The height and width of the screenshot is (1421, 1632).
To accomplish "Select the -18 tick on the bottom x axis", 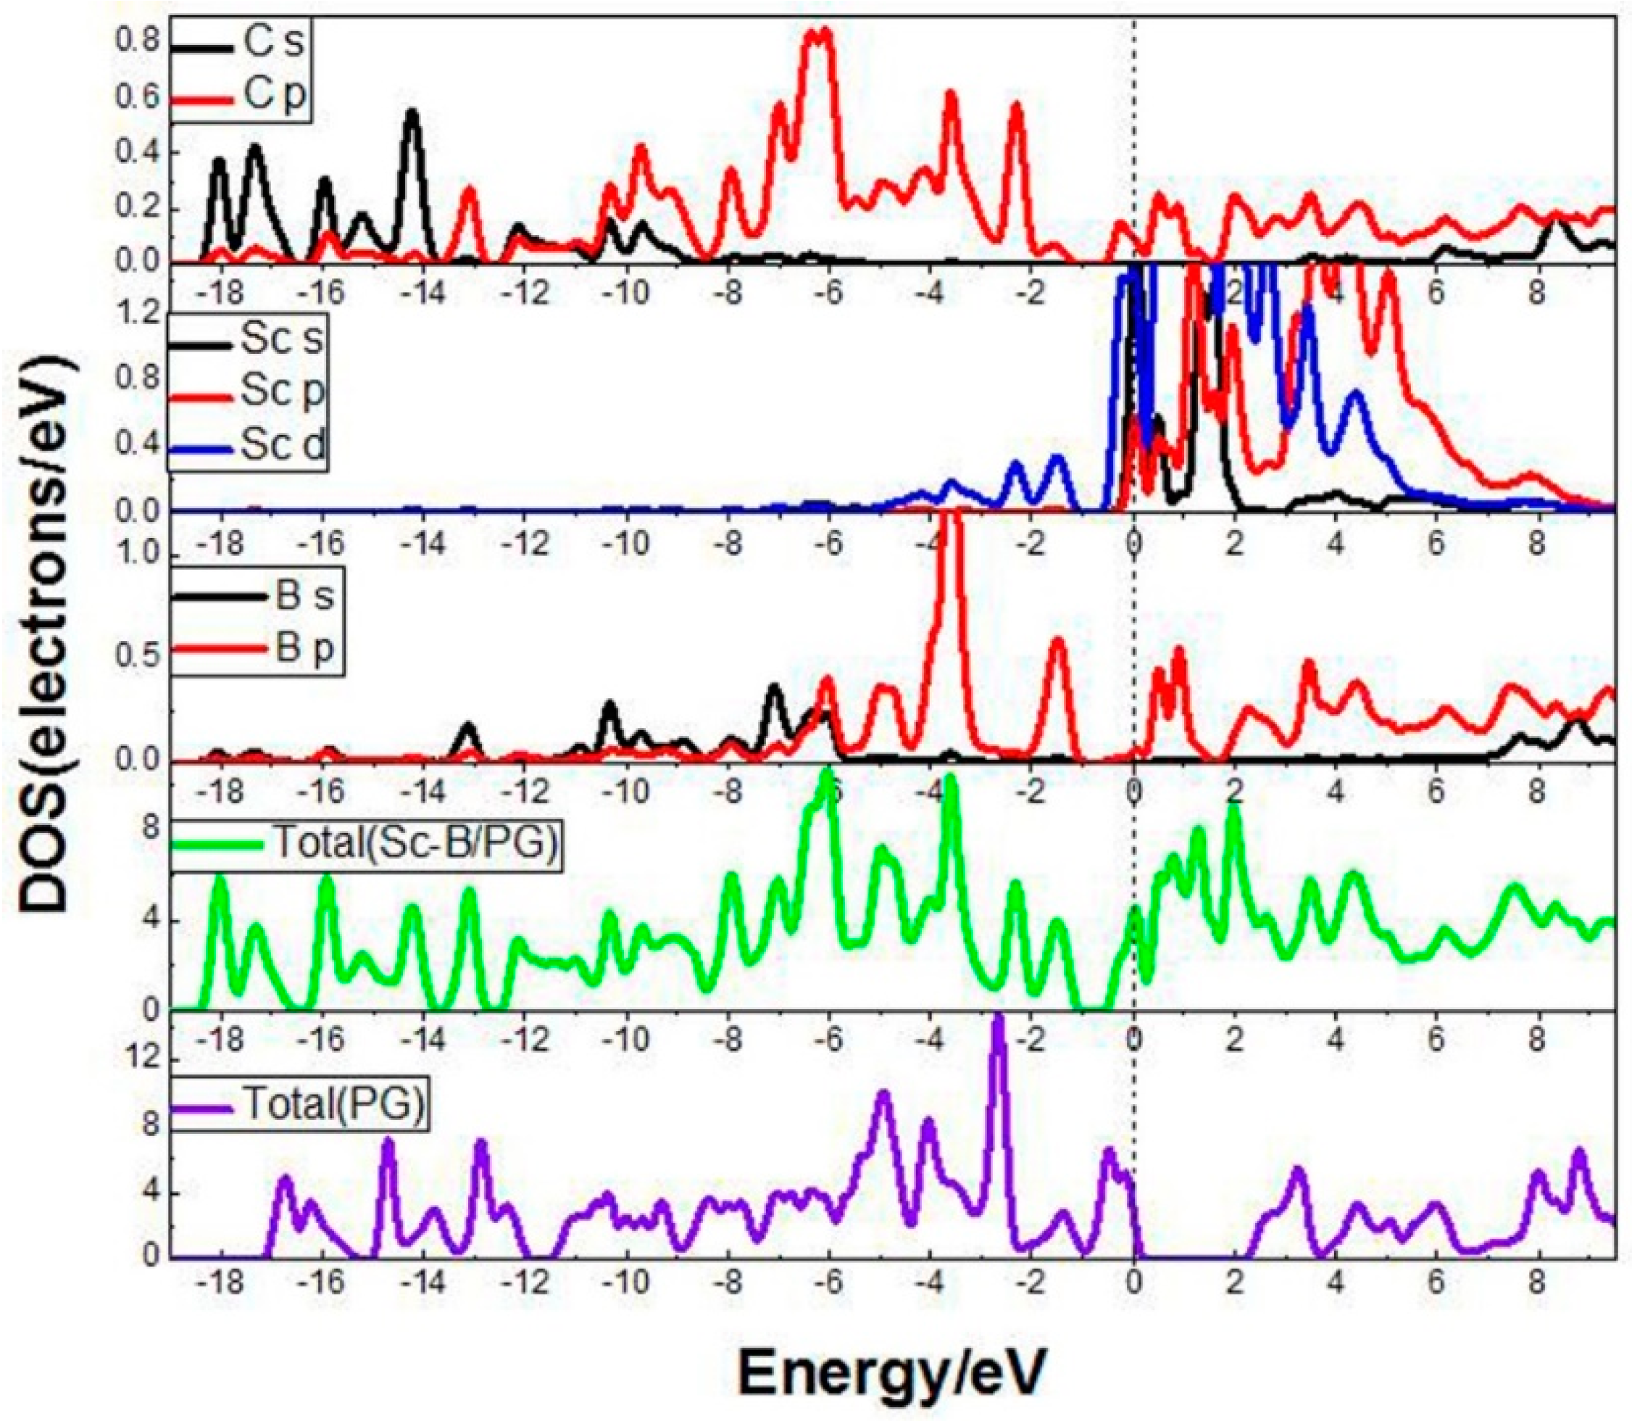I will [x=220, y=1283].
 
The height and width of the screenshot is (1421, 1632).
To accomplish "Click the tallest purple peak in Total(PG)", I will [x=999, y=1023].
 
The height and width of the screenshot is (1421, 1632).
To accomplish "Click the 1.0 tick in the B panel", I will [x=143, y=555].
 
